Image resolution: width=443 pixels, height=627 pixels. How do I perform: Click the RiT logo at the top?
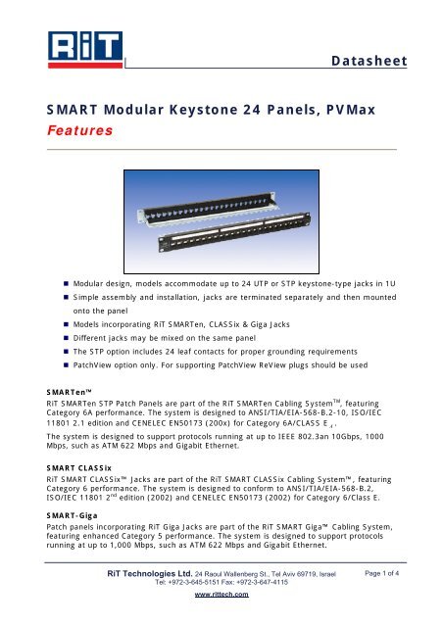85,50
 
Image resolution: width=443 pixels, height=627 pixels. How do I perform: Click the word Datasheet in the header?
369,61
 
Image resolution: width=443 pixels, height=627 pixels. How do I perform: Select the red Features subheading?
80,130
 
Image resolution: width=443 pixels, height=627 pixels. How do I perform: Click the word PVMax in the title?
351,110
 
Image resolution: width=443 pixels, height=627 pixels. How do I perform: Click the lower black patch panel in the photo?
234,232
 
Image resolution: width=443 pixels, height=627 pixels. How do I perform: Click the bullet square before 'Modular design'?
66,284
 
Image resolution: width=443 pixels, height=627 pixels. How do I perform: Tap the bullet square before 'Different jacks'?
66,338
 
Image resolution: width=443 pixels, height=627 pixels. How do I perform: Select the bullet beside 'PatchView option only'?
66,365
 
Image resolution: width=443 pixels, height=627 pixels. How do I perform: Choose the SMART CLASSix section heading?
78,468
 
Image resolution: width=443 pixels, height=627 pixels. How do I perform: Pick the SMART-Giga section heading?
72,515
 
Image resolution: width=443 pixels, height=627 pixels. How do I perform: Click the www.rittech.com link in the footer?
221,595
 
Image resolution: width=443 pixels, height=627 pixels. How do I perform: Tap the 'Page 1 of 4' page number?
382,573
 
